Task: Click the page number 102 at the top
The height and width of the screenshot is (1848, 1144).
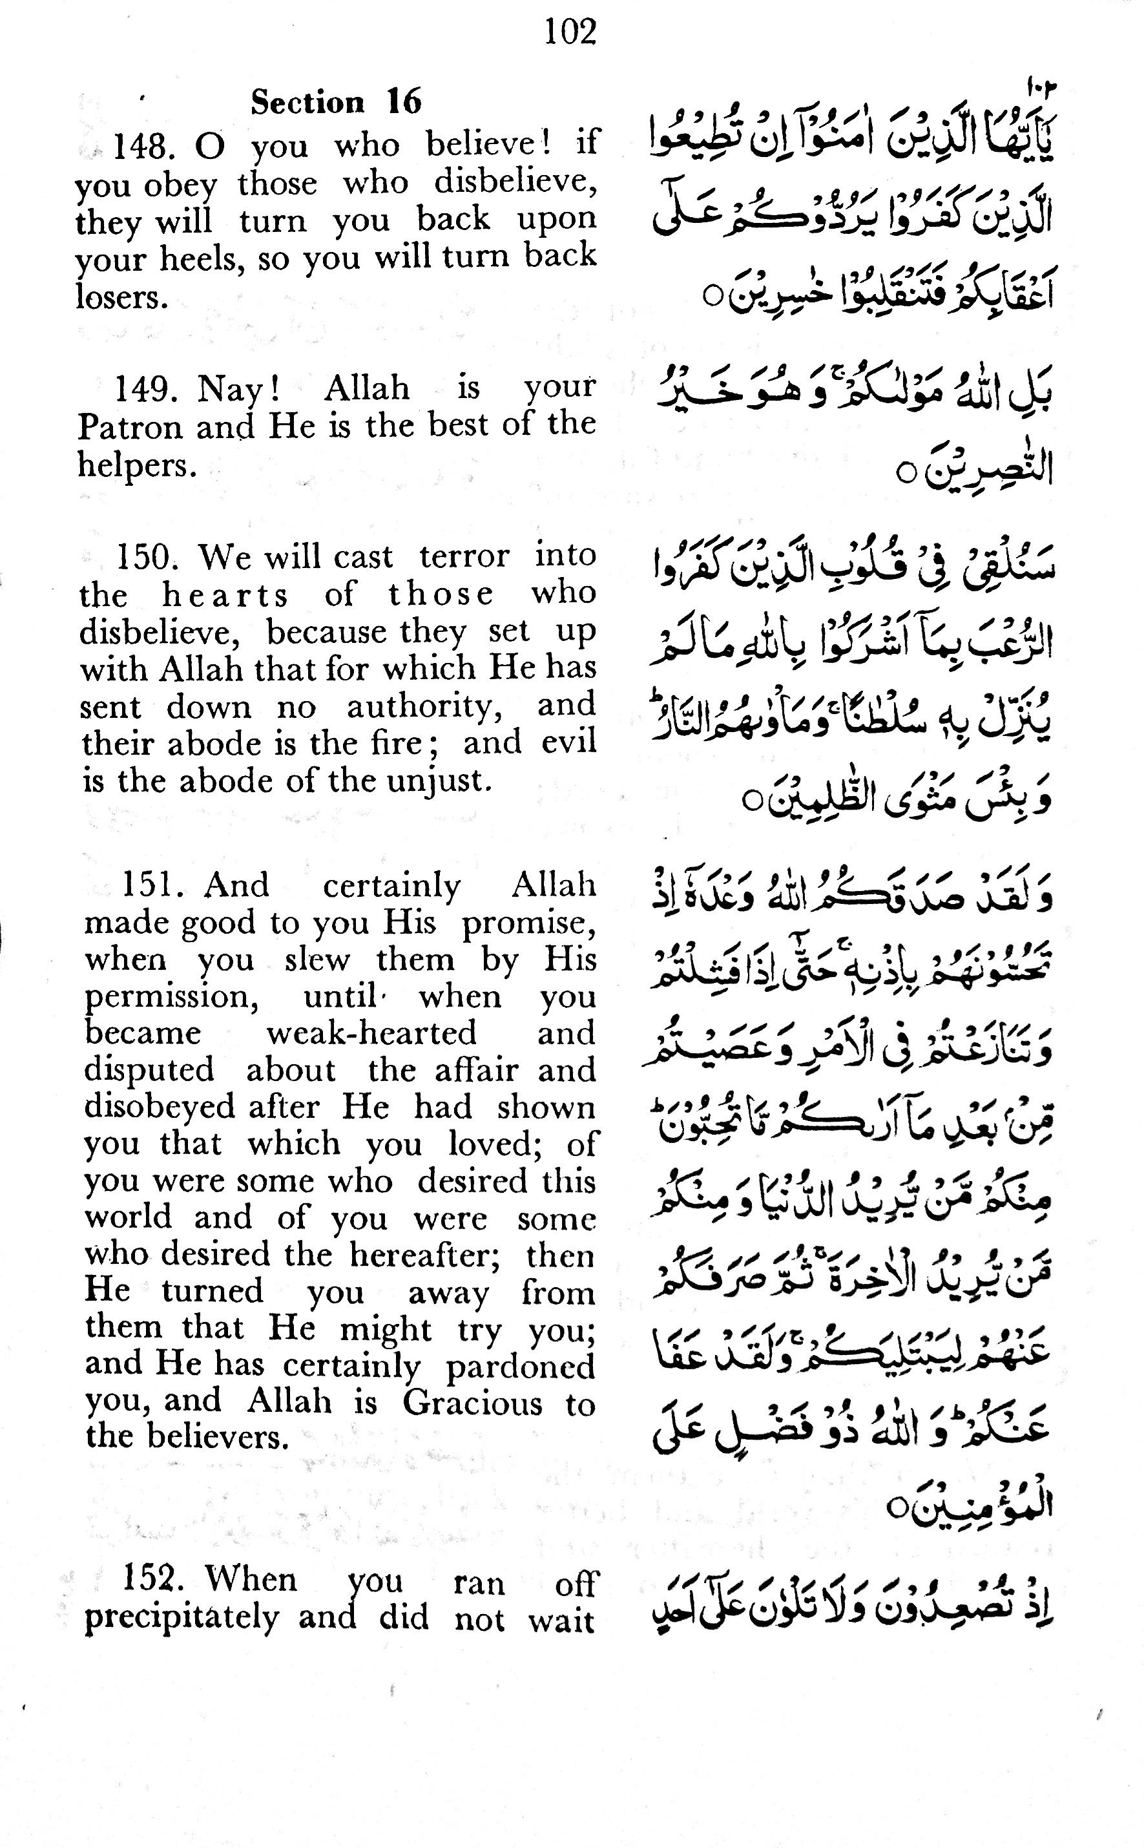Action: [570, 32]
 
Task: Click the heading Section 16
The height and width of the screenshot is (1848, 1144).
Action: [336, 101]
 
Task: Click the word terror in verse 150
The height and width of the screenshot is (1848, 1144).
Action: [464, 556]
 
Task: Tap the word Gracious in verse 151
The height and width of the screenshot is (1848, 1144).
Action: [472, 1403]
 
